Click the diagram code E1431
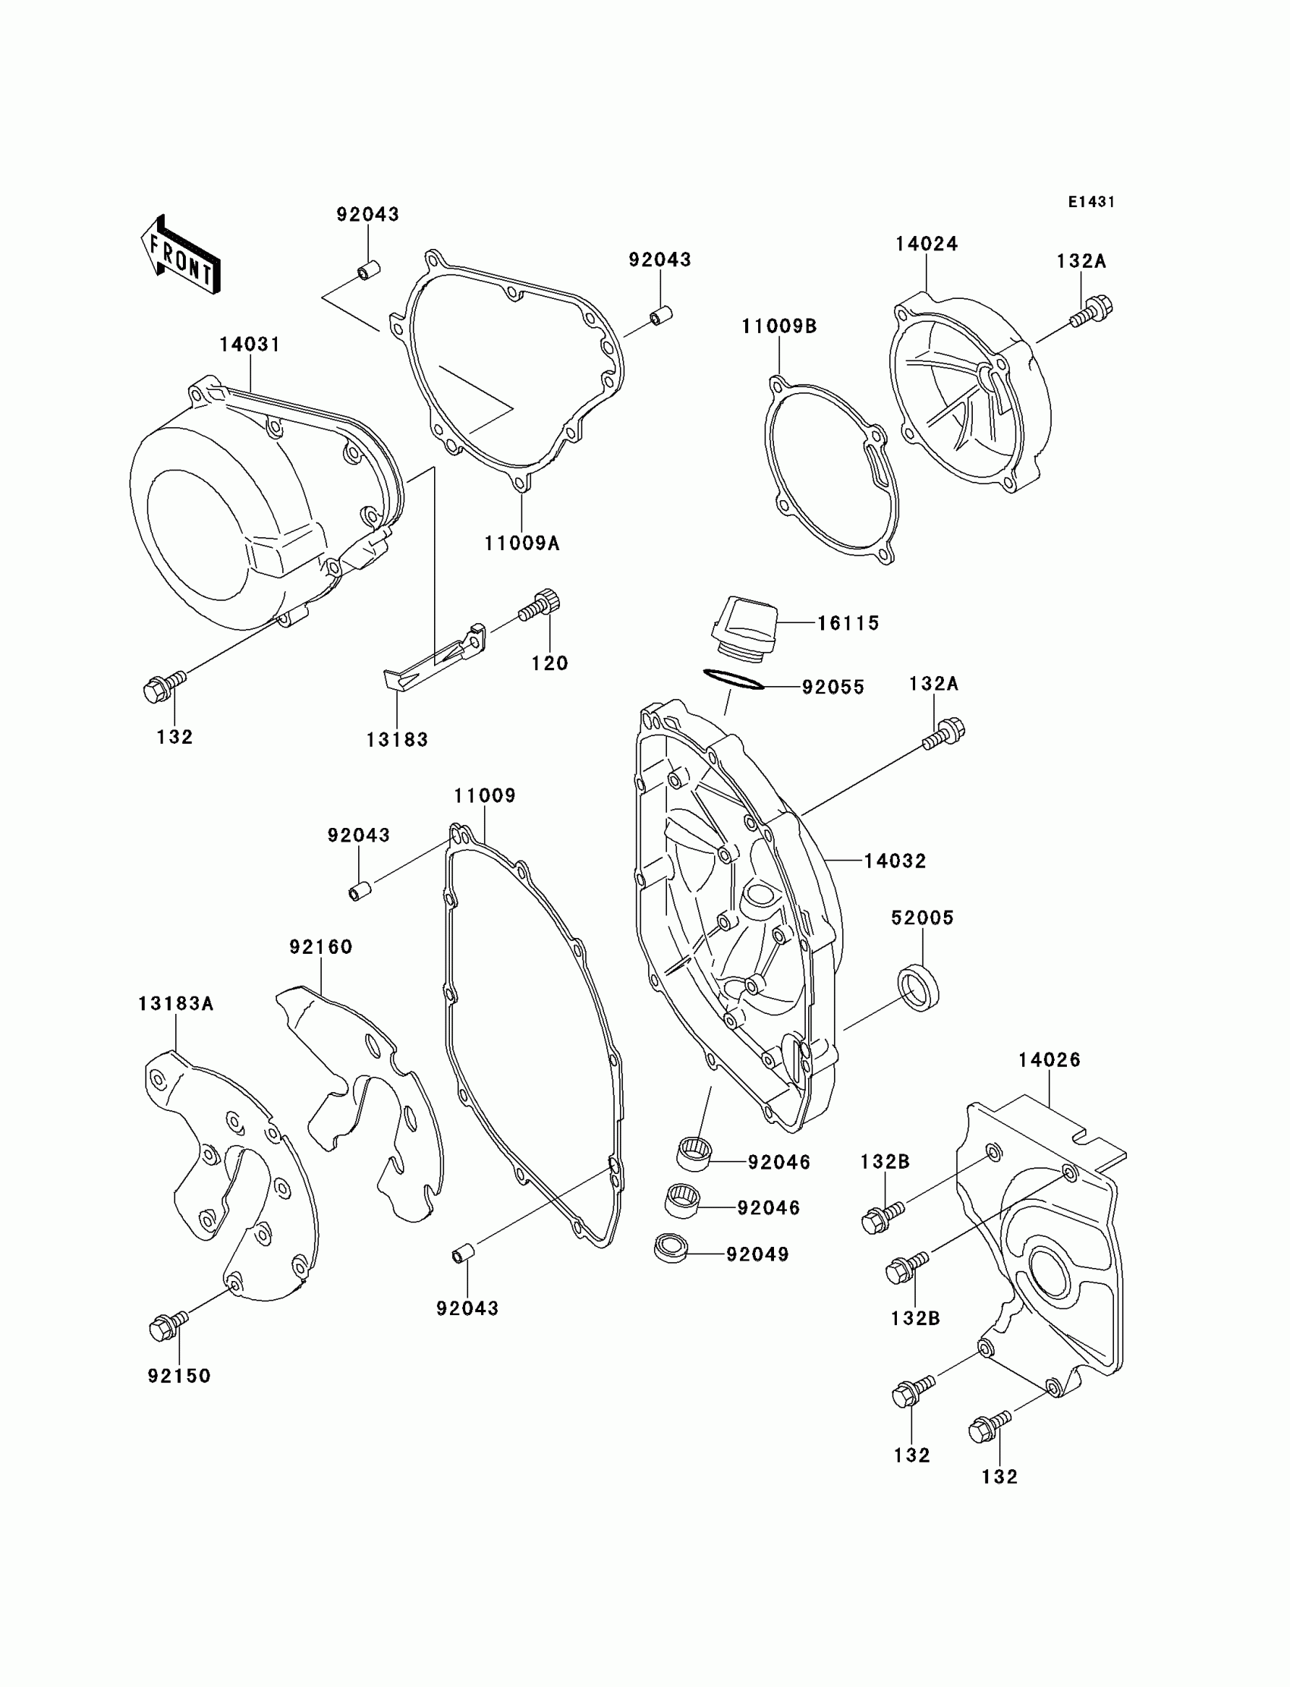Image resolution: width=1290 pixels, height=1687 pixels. (x=1090, y=202)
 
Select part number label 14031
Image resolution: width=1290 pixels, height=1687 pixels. (x=250, y=345)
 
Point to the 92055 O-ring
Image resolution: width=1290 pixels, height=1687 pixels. (x=733, y=679)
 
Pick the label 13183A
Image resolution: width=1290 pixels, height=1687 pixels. (x=176, y=1003)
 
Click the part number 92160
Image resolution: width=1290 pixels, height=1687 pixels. (x=321, y=947)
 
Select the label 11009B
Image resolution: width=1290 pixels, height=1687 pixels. (x=779, y=326)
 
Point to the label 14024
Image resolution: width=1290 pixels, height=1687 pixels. (x=926, y=244)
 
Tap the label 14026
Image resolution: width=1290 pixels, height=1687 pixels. (x=1049, y=1059)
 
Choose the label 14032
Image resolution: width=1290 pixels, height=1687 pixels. (x=895, y=861)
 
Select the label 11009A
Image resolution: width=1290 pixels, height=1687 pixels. (x=521, y=543)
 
